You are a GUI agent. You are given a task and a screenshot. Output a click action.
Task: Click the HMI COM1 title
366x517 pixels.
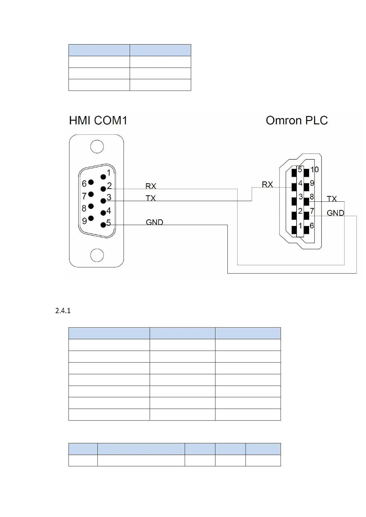coord(98,120)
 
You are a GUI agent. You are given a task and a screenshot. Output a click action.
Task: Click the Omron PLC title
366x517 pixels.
coord(297,120)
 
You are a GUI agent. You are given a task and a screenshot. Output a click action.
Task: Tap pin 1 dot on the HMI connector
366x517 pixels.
coord(103,177)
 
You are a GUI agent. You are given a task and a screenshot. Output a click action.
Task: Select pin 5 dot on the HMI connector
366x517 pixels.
coord(103,225)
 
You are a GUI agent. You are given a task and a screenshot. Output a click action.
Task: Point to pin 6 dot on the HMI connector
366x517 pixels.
coord(91,182)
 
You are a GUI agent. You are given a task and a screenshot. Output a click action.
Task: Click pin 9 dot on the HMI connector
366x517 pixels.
coord(91,218)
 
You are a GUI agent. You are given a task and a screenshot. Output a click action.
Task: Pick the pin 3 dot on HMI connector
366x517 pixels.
coord(103,201)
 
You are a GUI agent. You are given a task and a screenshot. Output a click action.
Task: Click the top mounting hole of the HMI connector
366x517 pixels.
coord(97,147)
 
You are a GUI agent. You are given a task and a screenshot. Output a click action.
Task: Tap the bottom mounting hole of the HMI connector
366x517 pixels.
coord(97,255)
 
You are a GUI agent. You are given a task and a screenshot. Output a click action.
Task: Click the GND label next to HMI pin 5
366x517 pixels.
coord(154,222)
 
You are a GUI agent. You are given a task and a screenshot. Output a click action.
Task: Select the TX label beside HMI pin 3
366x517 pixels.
coord(151,198)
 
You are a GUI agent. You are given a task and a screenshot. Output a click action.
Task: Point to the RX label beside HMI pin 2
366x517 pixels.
coord(151,186)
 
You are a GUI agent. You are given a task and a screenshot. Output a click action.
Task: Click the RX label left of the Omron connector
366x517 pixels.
coord(267,184)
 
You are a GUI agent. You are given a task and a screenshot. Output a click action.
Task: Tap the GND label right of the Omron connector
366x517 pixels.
coord(335,213)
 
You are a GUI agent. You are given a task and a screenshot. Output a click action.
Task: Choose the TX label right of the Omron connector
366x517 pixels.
coord(332,199)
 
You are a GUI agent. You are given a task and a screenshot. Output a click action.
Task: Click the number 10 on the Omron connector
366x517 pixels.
coord(314,169)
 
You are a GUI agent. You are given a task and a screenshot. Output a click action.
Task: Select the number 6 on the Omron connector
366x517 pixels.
coord(312,226)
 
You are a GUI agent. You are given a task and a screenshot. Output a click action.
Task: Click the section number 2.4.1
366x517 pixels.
coord(63,311)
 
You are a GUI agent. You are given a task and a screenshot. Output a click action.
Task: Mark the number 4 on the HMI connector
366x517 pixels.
coord(108,211)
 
